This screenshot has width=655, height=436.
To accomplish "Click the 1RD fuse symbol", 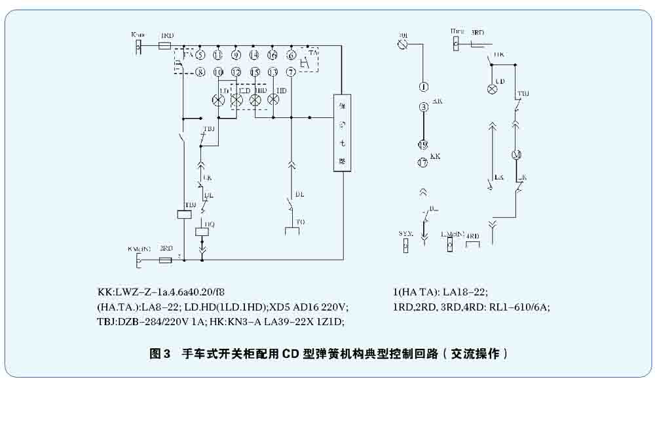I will point(165,46).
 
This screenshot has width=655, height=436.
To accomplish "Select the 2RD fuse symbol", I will point(166,260).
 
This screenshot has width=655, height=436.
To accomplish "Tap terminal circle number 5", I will point(199,56).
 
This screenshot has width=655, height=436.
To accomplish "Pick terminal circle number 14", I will point(255,56).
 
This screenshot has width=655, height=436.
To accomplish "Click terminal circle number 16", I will point(273,56).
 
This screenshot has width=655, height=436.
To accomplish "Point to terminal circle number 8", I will point(200,71).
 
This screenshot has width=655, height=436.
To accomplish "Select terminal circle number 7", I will point(291,71).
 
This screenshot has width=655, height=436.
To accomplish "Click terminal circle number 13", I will point(273,71).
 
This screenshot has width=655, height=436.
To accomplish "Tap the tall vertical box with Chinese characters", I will point(342,132).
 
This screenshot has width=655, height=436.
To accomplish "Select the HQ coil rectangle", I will point(202,231).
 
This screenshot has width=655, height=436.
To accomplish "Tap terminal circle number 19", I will point(423,145).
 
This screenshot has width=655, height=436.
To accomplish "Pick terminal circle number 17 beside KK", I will point(423,163).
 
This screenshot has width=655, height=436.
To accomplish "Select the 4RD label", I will point(473,235).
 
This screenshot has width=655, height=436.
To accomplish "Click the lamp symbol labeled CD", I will point(493,89).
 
